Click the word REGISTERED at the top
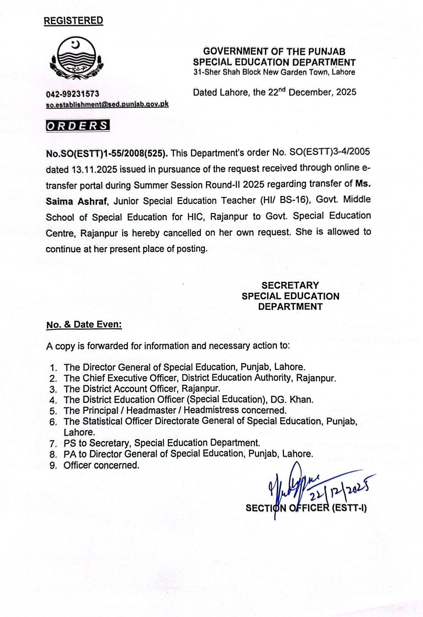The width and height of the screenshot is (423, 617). coord(73,21)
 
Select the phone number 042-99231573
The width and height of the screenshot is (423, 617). coord(72,94)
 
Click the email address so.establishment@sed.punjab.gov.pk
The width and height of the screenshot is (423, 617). coord(107,105)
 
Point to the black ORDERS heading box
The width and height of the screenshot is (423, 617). coord(78,126)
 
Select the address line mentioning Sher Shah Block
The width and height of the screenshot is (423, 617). coord(274,72)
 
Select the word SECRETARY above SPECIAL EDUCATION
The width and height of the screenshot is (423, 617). coord(290,285)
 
